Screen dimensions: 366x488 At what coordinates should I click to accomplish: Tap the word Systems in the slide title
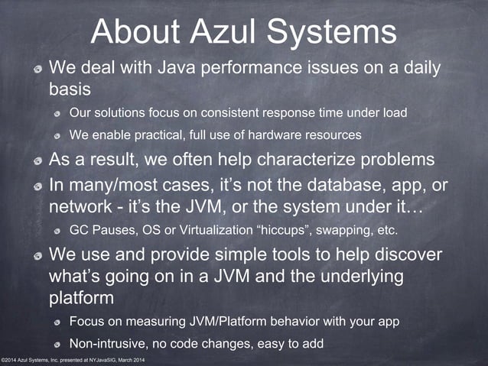334,33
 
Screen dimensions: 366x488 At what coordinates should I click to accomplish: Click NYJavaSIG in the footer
106,360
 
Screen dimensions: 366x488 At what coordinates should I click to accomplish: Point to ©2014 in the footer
10,360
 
